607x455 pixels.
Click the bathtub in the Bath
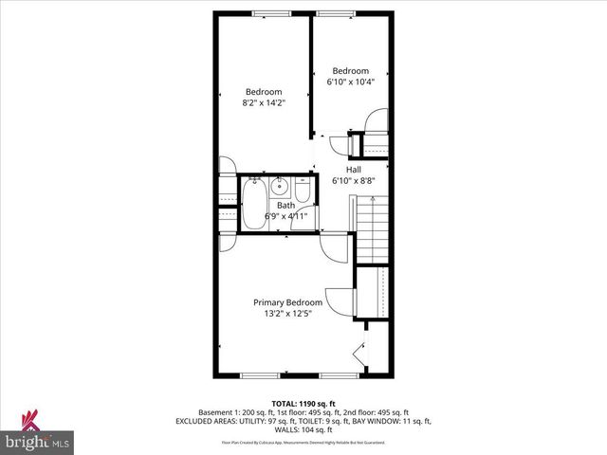click(254, 202)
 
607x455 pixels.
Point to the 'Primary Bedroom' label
click(287, 302)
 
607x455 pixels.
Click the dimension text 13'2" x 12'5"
click(287, 315)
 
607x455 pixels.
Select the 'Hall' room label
click(353, 169)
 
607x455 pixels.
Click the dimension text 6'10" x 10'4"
click(350, 82)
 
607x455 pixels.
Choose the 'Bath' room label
click(285, 205)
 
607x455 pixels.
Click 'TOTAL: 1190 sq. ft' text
click(303, 404)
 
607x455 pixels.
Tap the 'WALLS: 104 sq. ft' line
click(303, 429)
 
